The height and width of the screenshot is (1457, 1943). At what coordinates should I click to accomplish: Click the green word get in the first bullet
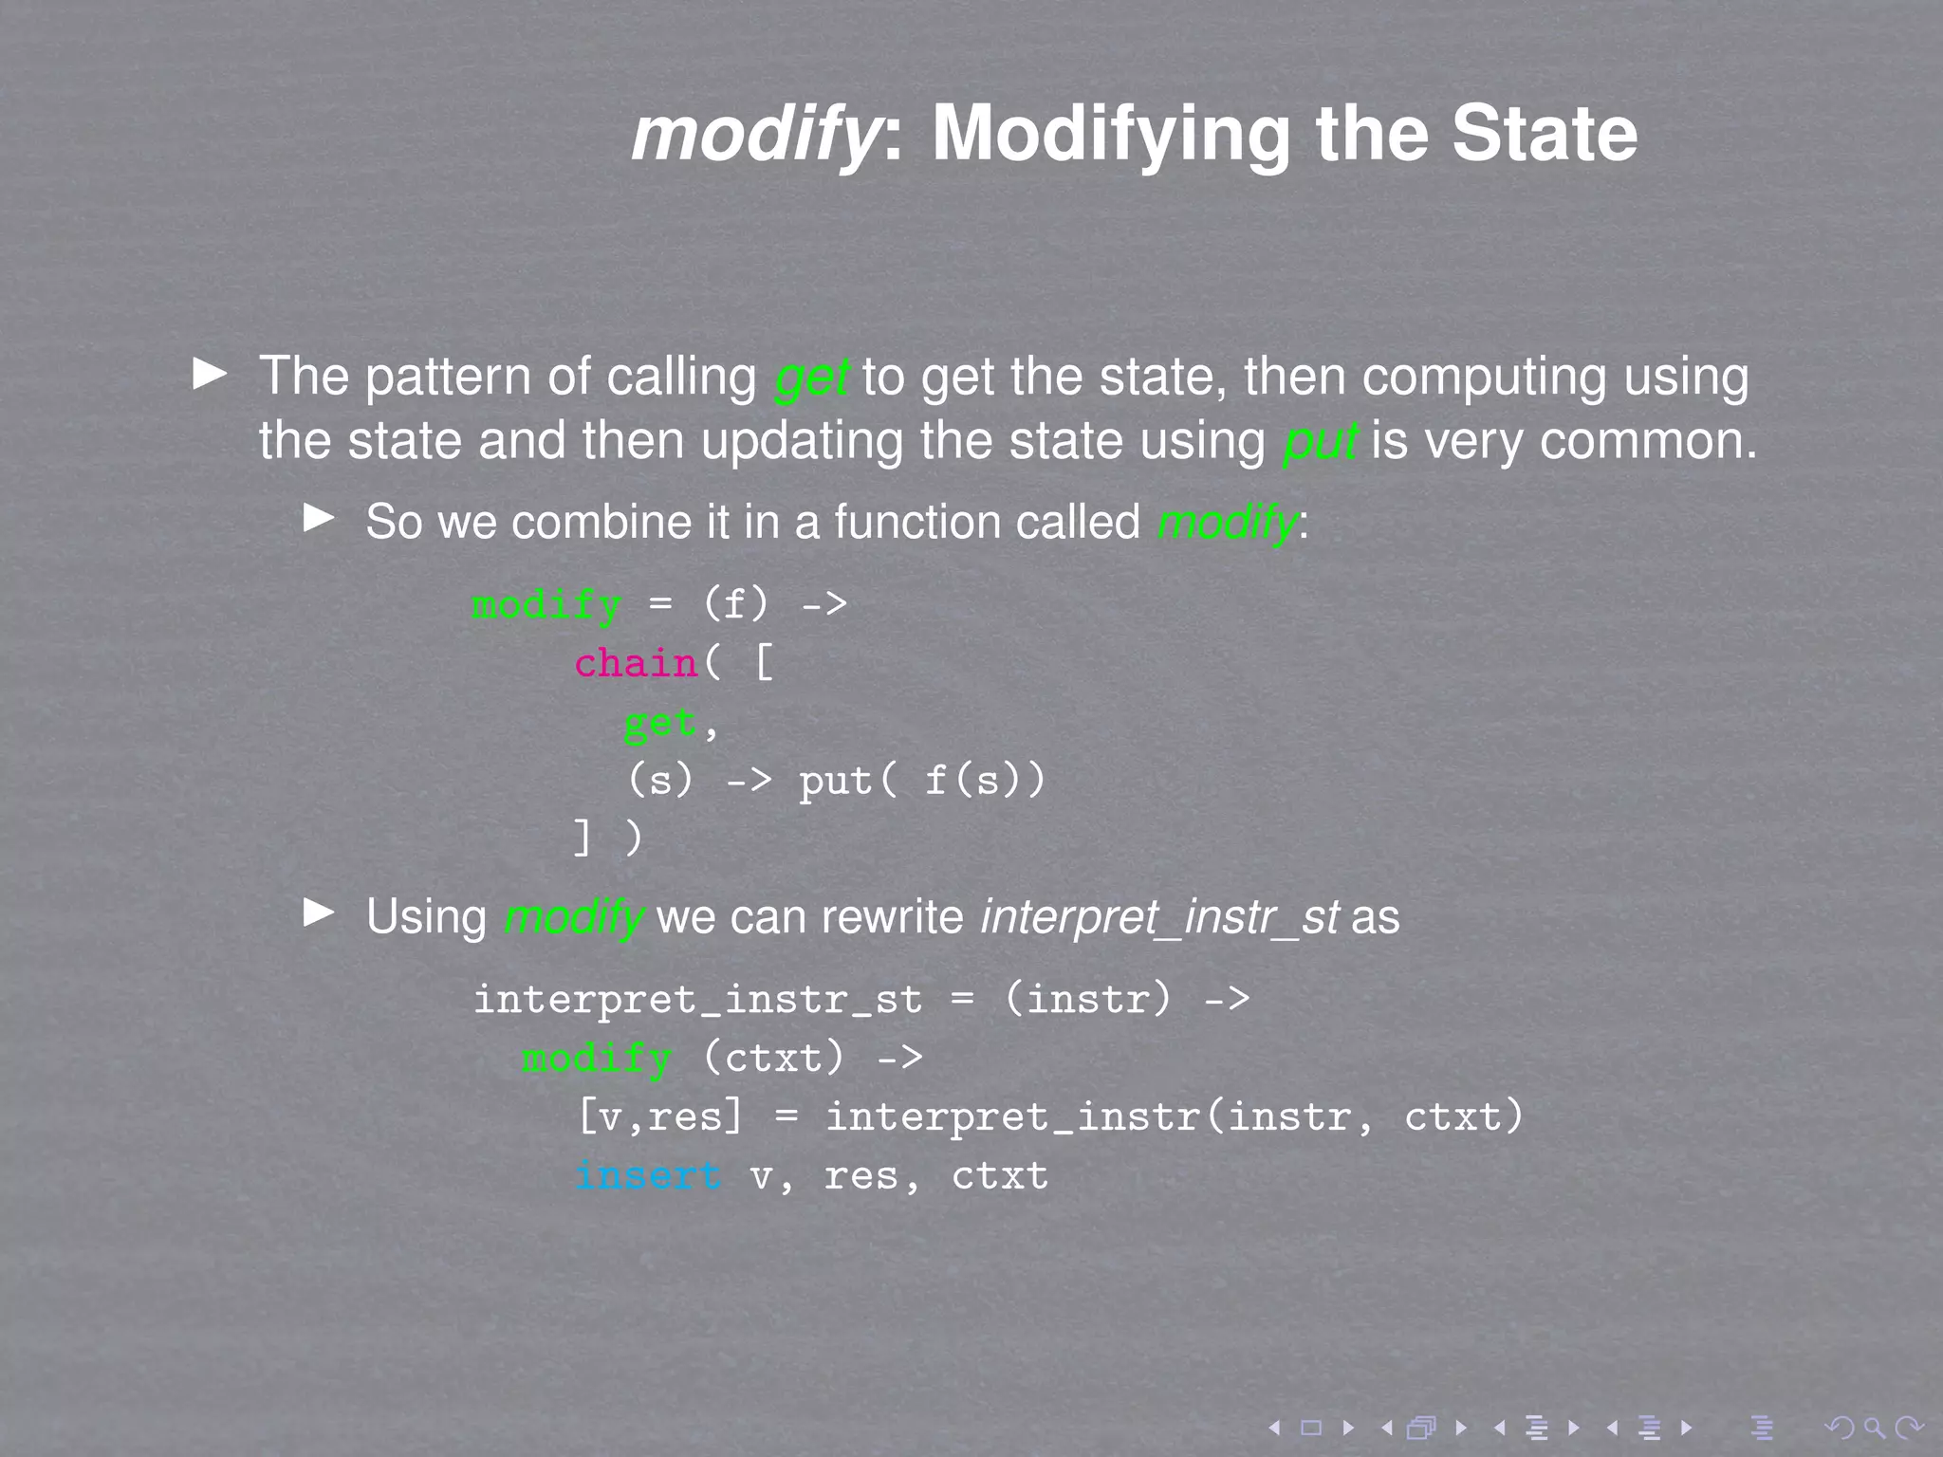pyautogui.click(x=812, y=378)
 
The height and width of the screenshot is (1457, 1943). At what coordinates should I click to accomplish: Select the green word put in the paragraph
pyautogui.click(x=1320, y=442)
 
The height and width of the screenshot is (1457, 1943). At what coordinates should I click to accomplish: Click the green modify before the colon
pyautogui.click(x=1227, y=523)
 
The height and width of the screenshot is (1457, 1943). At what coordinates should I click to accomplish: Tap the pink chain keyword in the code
pyautogui.click(x=636, y=663)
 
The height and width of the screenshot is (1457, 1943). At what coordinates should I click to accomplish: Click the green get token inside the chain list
pyautogui.click(x=660, y=723)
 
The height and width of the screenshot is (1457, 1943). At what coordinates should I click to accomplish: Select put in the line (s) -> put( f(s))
pyautogui.click(x=835, y=782)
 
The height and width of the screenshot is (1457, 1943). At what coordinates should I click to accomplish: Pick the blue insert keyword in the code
pyautogui.click(x=649, y=1176)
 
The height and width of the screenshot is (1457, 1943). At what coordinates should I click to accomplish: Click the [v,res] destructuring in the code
pyautogui.click(x=660, y=1117)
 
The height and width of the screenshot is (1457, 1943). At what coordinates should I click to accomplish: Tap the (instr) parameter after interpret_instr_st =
pyautogui.click(x=1088, y=1000)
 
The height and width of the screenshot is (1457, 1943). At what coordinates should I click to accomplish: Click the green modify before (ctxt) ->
pyautogui.click(x=597, y=1059)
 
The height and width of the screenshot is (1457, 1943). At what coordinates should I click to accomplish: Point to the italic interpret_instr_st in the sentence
pyautogui.click(x=1159, y=917)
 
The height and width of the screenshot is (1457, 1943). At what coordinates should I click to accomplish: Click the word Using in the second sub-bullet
pyautogui.click(x=426, y=917)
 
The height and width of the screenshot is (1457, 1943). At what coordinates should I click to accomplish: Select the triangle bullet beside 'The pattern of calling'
pyautogui.click(x=210, y=374)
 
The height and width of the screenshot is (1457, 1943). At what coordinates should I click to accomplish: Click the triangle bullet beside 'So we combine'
pyautogui.click(x=319, y=518)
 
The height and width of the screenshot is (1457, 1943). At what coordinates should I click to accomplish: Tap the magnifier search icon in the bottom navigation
pyautogui.click(x=1874, y=1428)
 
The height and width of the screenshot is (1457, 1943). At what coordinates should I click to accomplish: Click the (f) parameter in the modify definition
pyautogui.click(x=736, y=604)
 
